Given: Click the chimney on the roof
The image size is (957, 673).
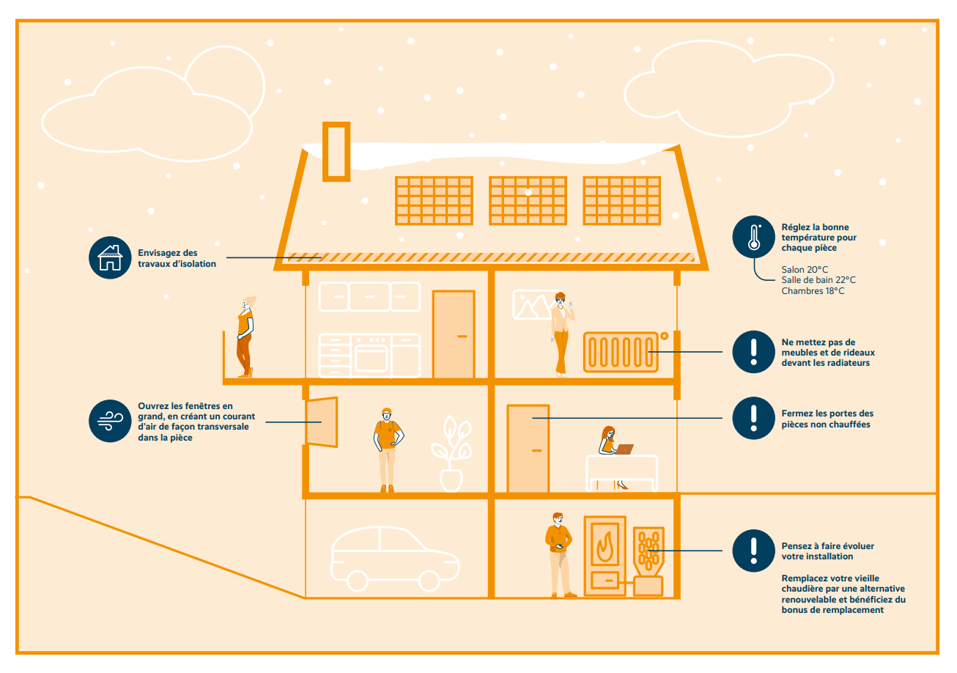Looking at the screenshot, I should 336,152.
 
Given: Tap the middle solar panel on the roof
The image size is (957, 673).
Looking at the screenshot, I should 528,199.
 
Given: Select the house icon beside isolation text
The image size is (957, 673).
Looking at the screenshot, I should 110,257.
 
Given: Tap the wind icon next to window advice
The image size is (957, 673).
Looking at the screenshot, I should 110,421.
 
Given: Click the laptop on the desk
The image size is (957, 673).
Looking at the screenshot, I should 624,449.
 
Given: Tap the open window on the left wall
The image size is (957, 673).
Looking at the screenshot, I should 322,422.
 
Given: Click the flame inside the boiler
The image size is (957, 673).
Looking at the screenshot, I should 605,547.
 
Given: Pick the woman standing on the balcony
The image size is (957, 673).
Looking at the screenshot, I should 245,337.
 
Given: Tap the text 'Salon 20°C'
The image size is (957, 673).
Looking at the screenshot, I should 805,270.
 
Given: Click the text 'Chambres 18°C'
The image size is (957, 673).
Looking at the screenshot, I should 813,291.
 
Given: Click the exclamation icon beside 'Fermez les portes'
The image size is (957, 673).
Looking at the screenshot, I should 753,418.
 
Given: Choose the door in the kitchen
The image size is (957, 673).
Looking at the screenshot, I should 454,334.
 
